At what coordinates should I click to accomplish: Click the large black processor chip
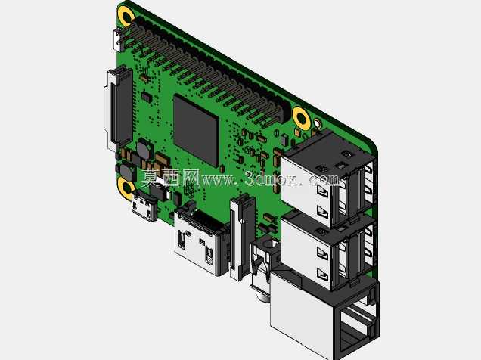(x=197, y=130)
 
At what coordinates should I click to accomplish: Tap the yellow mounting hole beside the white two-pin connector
(x=126, y=15)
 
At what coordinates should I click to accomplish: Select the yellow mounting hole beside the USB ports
(x=301, y=117)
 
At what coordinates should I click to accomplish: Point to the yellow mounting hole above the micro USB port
(x=126, y=188)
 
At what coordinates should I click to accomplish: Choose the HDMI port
(x=201, y=240)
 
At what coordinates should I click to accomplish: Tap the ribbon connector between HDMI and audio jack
(x=242, y=236)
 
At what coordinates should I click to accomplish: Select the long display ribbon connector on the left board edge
(x=119, y=109)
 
